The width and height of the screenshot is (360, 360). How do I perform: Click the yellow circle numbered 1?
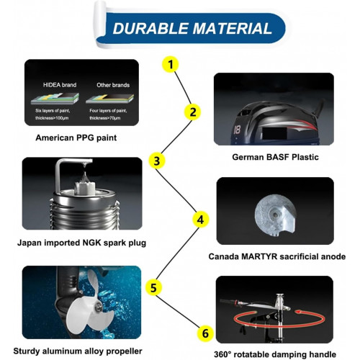[171, 64]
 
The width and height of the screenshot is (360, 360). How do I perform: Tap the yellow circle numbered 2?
[192, 112]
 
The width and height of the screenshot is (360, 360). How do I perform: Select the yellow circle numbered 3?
[157, 161]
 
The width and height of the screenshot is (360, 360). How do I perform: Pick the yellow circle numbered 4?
[201, 220]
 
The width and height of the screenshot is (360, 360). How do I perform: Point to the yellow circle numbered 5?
[153, 287]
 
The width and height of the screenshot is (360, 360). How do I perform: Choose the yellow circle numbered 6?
[205, 333]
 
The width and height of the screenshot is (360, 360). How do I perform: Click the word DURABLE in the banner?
[150, 28]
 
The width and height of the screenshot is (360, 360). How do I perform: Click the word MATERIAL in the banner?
[232, 28]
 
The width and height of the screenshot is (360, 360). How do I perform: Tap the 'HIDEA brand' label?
[60, 85]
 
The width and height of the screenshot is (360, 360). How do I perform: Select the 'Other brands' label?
[113, 85]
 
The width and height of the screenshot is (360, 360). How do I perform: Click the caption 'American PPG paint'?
[76, 138]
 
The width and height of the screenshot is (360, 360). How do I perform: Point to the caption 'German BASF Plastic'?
[275, 157]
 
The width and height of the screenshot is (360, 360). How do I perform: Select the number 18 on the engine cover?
[237, 130]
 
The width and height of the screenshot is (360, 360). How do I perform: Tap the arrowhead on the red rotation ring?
[298, 312]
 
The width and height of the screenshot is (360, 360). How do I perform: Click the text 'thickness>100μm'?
[52, 118]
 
